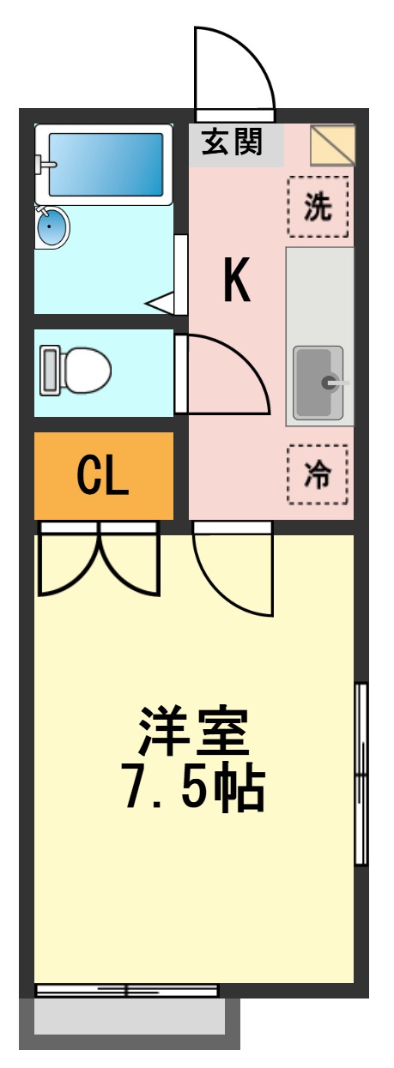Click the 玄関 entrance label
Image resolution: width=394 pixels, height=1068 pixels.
232,142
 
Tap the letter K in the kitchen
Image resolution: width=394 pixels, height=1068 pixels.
237,281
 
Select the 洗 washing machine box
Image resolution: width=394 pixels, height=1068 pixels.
318,207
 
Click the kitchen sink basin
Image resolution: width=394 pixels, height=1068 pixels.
318,382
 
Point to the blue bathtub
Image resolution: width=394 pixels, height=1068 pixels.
105,164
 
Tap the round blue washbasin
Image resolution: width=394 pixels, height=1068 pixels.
52,228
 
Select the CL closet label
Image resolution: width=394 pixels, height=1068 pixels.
103,477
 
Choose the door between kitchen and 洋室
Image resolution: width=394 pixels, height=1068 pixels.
232,570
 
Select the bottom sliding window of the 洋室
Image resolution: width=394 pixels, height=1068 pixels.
126,991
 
